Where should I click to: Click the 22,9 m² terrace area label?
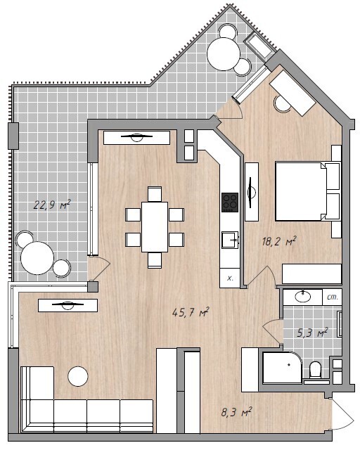coord(52,205)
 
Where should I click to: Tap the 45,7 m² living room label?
coord(191,312)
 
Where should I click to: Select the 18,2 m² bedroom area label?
coord(278,242)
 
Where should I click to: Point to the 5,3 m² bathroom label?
coord(312,333)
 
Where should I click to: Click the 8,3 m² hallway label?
coord(236,413)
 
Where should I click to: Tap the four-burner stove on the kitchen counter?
coord(230,202)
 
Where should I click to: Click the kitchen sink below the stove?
coord(230,240)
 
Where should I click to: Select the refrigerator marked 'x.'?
coord(230,278)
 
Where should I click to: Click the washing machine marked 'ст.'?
coord(332,297)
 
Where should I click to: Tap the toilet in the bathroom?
coord(316,370)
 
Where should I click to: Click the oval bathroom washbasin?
coord(303,297)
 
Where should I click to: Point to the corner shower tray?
coord(282,367)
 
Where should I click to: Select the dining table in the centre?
coord(155,227)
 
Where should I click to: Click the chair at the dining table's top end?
coord(155,194)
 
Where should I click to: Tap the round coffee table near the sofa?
coord(78,376)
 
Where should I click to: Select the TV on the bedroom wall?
coord(251,192)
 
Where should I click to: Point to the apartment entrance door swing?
coord(343,414)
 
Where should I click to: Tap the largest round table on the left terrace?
coord(37,258)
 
